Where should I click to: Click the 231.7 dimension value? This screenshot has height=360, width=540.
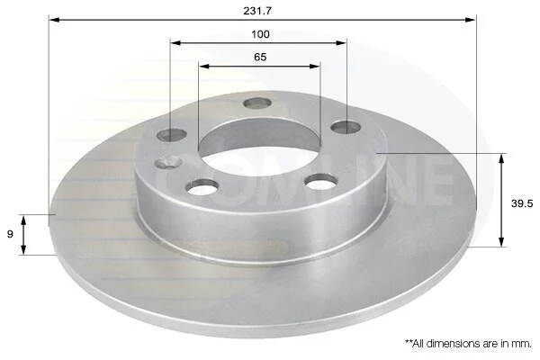(x=257, y=11)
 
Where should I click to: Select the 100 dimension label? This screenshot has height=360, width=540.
(x=260, y=34)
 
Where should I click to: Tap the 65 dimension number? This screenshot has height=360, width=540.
(x=260, y=57)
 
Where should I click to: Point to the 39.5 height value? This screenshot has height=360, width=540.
(x=522, y=203)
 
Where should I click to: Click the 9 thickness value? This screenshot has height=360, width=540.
(x=10, y=234)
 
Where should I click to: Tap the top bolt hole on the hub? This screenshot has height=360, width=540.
(x=257, y=103)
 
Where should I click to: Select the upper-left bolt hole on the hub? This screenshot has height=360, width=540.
(x=172, y=135)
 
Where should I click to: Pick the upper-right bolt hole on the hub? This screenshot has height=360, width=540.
(x=346, y=127)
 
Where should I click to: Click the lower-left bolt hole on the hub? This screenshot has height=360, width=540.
(x=202, y=186)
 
